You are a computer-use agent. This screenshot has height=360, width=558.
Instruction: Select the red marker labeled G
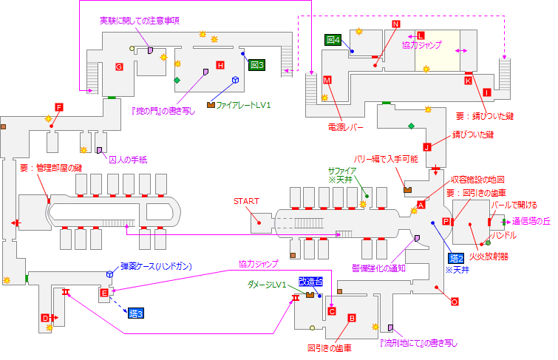118,67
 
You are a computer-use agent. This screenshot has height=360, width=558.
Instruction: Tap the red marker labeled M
327,79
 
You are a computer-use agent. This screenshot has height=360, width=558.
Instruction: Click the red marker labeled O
455,301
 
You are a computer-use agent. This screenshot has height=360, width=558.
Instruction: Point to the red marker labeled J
426,146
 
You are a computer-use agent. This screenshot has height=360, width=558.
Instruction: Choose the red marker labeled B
352,318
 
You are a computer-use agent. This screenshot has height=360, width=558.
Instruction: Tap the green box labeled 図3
256,65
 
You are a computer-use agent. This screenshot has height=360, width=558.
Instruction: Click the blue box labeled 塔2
456,258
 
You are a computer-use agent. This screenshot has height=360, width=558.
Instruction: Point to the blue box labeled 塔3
135,313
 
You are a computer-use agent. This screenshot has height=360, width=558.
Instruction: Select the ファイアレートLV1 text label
244,105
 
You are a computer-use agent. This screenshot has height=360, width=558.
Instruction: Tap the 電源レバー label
346,127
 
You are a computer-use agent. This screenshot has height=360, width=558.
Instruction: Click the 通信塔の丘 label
531,221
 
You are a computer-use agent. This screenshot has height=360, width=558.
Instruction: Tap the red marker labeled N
395,24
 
